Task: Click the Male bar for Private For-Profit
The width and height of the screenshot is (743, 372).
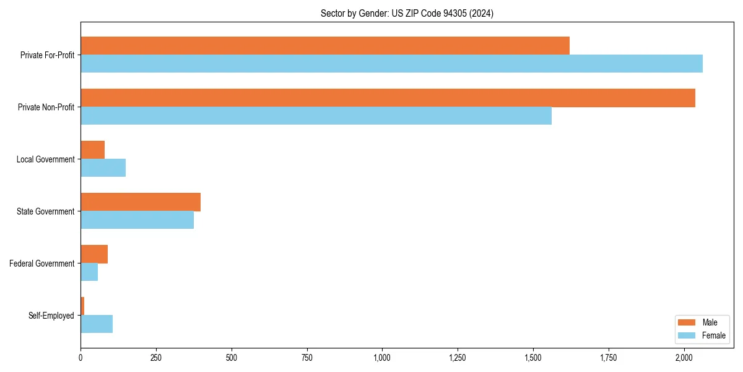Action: tap(325, 46)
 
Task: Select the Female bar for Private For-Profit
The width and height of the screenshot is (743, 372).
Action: tap(391, 64)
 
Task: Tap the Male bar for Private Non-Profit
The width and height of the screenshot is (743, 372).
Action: tap(388, 98)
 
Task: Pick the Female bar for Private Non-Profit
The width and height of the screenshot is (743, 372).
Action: tap(316, 116)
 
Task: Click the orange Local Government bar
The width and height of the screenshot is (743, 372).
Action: tap(93, 150)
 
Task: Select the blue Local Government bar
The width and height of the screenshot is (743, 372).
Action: tap(103, 168)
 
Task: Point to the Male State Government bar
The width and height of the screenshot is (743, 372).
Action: tap(141, 202)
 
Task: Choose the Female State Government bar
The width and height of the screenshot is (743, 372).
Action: tap(137, 220)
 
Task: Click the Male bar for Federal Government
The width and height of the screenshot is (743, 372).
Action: tap(94, 254)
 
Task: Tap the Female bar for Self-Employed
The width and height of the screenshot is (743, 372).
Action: tap(97, 324)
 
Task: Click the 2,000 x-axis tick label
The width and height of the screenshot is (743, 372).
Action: tap(684, 358)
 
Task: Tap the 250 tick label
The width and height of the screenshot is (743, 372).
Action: tap(156, 358)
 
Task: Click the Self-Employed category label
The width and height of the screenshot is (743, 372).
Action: tap(51, 316)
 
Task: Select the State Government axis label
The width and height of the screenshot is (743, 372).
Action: tap(45, 211)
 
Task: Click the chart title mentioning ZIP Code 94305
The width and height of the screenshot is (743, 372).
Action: tap(407, 13)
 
